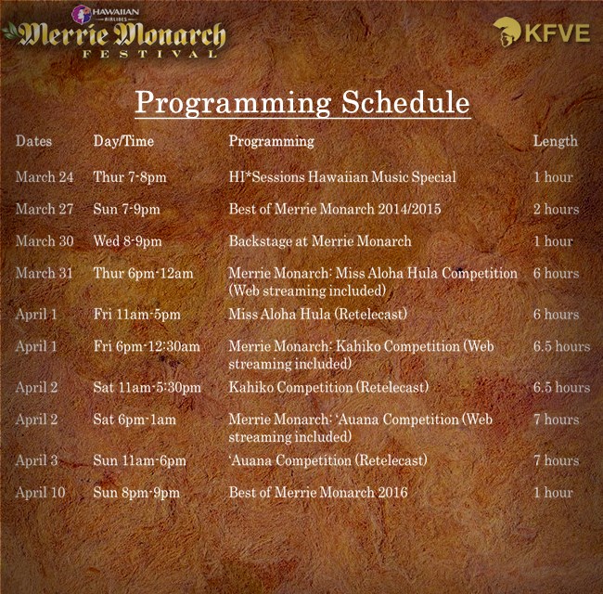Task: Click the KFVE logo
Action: tap(542, 32)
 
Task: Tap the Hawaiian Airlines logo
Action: tap(106, 14)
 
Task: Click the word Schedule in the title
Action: tap(405, 102)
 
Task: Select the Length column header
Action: tap(556, 141)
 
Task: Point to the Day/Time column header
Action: tap(123, 141)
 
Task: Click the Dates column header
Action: tap(33, 141)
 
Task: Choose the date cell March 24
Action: tap(45, 177)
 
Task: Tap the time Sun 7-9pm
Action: tap(126, 209)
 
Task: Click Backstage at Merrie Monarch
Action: tap(320, 241)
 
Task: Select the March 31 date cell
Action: tap(45, 273)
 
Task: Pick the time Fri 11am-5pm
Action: tap(137, 315)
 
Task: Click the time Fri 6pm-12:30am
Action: tap(147, 346)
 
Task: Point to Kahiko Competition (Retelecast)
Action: tap(328, 387)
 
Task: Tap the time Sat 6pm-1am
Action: tap(135, 420)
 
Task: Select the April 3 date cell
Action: tap(36, 460)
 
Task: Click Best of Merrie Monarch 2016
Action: tap(318, 493)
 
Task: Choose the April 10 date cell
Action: tap(41, 493)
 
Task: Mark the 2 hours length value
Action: tap(556, 209)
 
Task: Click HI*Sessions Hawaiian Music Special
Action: tap(342, 177)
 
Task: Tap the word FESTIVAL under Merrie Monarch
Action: tap(150, 54)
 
